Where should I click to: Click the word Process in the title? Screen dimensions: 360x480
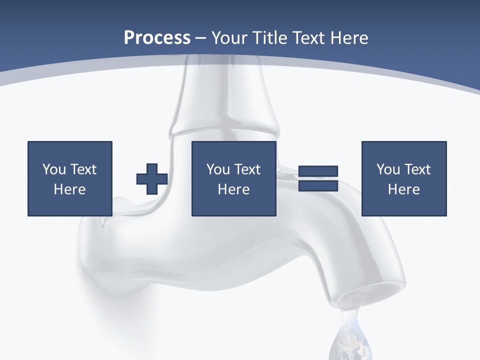[x=157, y=38]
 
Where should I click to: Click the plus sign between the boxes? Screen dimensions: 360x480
[x=152, y=179]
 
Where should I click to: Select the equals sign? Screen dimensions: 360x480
[x=318, y=178]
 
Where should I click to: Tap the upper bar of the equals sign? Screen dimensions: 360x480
[x=318, y=171]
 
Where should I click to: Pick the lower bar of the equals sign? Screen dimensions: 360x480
[x=318, y=185]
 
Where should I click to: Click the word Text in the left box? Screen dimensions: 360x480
[x=83, y=169]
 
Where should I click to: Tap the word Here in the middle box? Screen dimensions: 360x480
[x=234, y=189]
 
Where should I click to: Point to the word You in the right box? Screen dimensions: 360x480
[x=388, y=169]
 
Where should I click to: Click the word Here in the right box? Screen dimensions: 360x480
[x=404, y=189]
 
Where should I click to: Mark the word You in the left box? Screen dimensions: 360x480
[x=54, y=169]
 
